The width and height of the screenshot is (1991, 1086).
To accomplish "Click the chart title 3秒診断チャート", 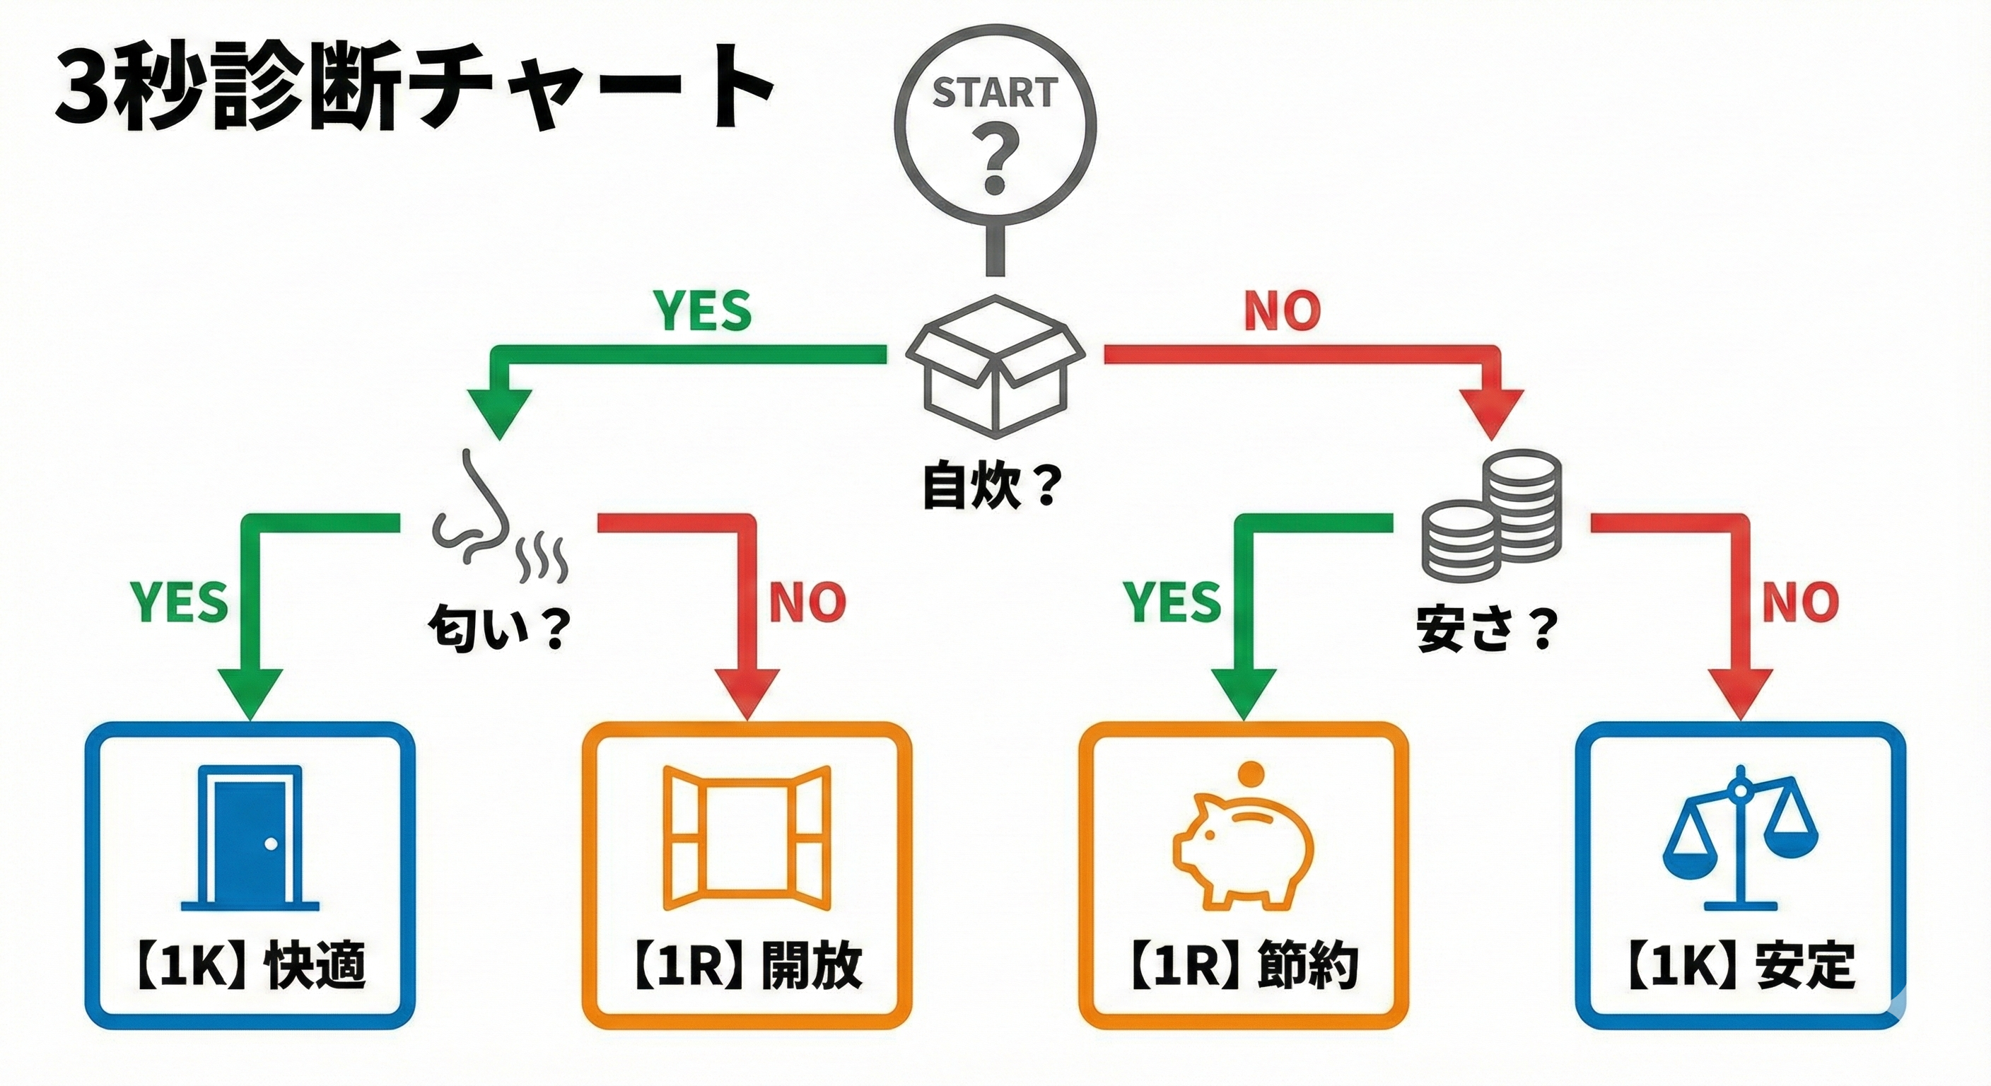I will coord(414,91).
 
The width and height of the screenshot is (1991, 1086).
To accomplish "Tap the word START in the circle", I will coord(995,93).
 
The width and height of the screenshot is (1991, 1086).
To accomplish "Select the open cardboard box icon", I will coord(995,366).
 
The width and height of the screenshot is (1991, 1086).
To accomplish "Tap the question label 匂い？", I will coord(498,629).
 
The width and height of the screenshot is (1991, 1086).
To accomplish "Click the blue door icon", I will coord(250,838).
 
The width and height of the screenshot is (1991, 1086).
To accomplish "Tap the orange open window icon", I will coord(747,838).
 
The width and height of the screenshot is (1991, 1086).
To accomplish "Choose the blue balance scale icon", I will coord(1741,847).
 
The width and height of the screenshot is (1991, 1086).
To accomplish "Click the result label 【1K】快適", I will coord(250,965).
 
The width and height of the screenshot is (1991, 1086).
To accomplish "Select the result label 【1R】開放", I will coord(747,965).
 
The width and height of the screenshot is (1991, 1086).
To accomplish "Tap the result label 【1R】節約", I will coord(1243,965).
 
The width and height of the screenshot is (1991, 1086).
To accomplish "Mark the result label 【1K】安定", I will coord(1741,965).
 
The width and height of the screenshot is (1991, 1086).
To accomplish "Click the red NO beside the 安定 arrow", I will coord(1800,602).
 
